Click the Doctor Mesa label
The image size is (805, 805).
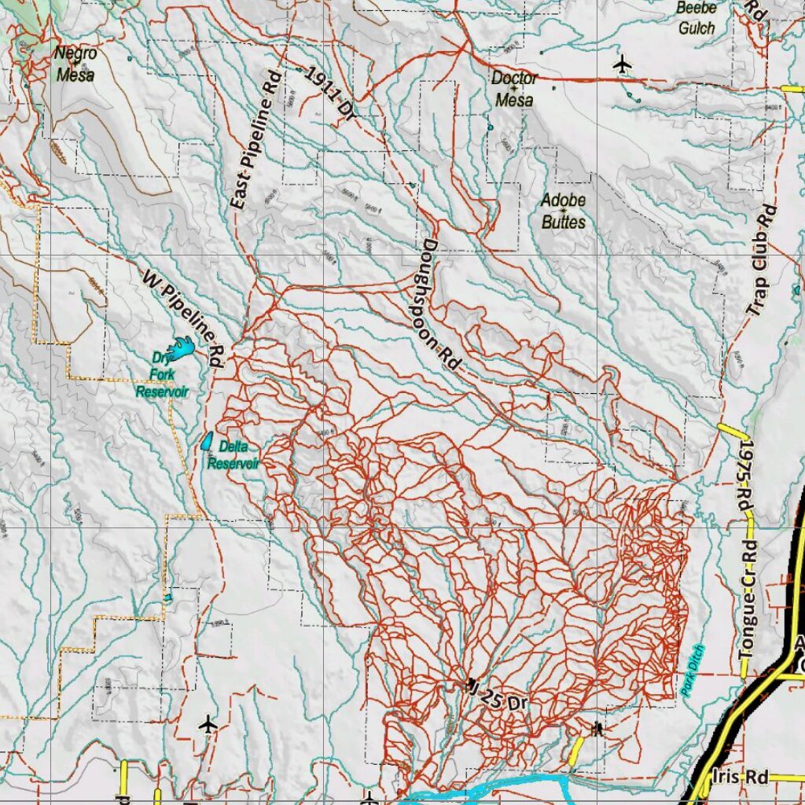click(514, 89)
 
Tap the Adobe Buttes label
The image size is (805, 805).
click(563, 211)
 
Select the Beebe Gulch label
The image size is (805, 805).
click(697, 18)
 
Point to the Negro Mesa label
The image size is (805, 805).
click(75, 64)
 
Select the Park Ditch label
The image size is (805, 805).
click(693, 670)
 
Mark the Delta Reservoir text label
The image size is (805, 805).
click(233, 455)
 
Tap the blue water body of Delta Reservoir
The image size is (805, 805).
click(207, 442)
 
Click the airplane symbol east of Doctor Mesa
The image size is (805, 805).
click(623, 63)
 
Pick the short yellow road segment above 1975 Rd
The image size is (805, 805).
click(731, 432)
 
